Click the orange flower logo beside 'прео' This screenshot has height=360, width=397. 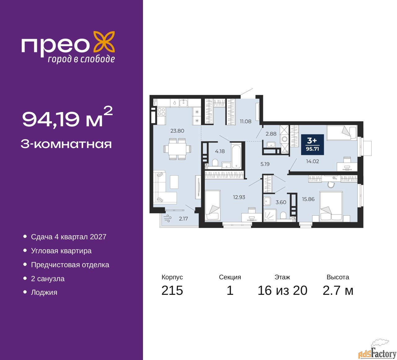[104, 43]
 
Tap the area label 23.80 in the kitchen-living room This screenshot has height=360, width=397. [177, 131]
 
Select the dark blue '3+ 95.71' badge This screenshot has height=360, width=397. [312, 145]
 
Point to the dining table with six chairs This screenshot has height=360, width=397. [177, 149]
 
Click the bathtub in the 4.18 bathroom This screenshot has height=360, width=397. [236, 157]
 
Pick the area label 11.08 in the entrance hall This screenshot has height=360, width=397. [245, 121]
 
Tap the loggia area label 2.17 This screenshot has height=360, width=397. [183, 218]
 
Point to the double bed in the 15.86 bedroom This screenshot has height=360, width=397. [331, 206]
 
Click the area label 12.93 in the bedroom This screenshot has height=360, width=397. [239, 197]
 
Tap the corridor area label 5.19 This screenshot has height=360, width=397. [265, 164]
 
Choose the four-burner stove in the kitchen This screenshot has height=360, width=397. [161, 112]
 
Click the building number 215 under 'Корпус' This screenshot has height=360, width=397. [172, 290]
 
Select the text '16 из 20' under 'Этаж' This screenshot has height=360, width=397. [283, 290]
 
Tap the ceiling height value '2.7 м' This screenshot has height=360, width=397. [338, 290]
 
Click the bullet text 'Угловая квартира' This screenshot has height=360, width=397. [61, 251]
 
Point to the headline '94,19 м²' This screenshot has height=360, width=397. [67, 118]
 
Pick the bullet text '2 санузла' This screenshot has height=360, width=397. [48, 279]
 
